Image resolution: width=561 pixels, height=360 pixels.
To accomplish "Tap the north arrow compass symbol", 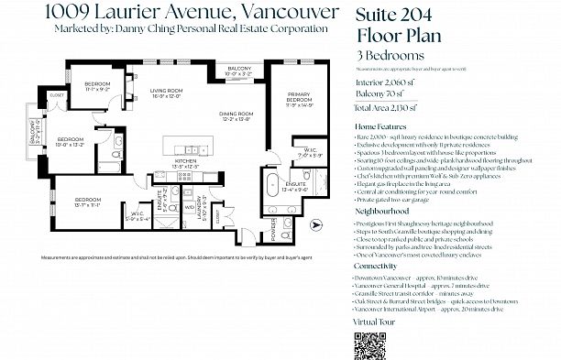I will point(316,223).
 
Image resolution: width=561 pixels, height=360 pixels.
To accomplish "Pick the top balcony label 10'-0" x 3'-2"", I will point(240,71).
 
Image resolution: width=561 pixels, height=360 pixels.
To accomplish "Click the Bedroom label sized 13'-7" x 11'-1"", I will point(88,202).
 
